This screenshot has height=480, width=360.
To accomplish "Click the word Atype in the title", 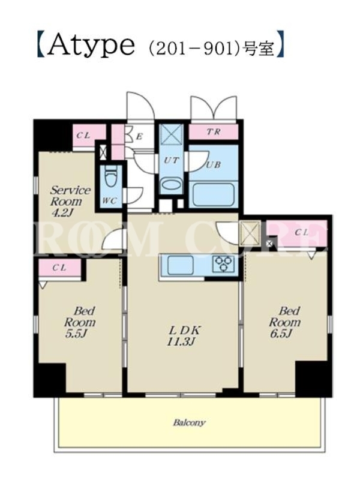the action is coord(92,46).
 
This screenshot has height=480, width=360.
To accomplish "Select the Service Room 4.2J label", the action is coord(70,201).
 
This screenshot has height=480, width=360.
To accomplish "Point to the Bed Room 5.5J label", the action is coord(80,322).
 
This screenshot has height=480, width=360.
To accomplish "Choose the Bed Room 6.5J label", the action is coord(285,322).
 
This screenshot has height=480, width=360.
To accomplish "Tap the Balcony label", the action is coord(189,423).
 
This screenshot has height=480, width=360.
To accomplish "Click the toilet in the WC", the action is coord(110,178).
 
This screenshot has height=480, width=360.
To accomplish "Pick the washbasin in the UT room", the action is coord(171,185).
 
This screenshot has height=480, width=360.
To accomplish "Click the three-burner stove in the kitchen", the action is coord(224,264).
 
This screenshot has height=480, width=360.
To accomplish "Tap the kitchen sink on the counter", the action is coord(180,265).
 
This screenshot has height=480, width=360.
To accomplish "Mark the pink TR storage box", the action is coord(213,132).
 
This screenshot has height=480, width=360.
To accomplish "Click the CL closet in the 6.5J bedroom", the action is coord(297,233).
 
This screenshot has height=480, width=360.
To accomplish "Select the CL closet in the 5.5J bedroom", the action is coord(59,268).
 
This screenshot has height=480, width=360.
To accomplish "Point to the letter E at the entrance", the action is coord(139,137).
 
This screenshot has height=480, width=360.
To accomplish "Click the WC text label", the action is coord(110,201).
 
